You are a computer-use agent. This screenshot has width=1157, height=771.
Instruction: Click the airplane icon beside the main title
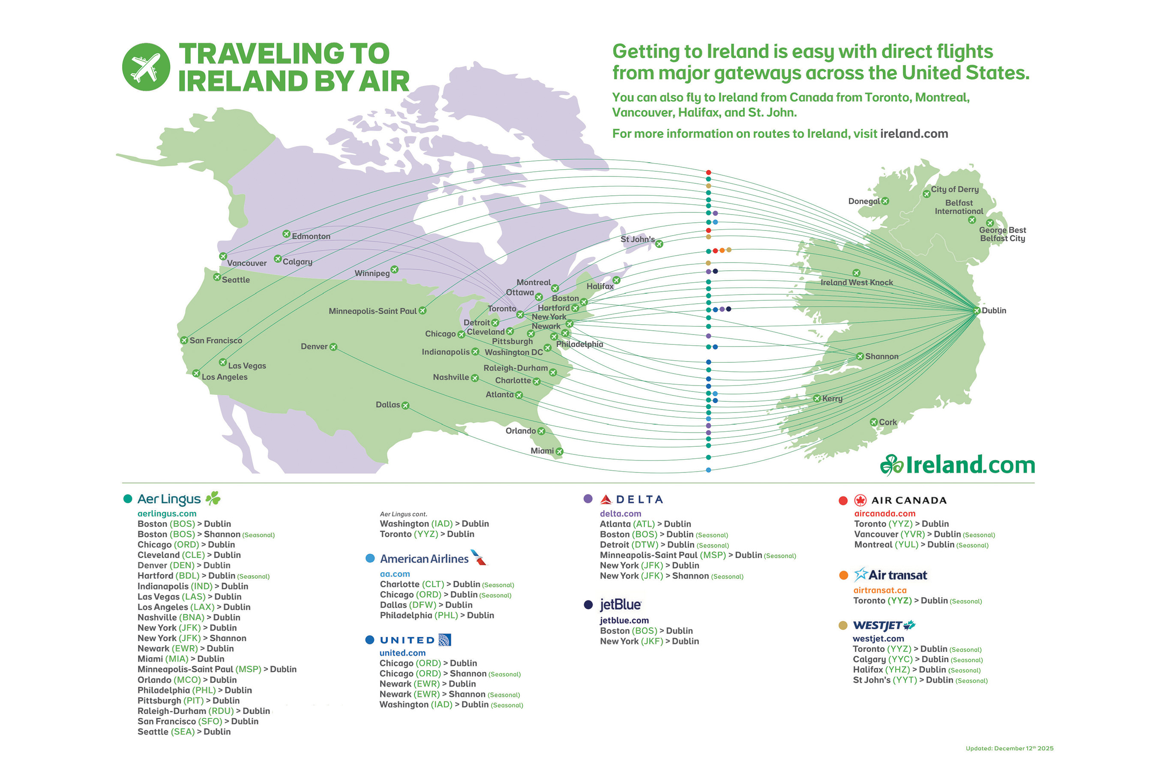click(146, 67)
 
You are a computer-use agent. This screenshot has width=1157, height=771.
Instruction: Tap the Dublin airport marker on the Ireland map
click(977, 311)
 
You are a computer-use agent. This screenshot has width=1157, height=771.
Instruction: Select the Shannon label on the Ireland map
click(881, 356)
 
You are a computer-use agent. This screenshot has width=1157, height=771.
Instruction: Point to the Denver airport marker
click(333, 347)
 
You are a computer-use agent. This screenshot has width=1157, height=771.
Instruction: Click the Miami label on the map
click(542, 451)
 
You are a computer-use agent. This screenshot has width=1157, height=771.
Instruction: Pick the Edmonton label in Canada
click(311, 236)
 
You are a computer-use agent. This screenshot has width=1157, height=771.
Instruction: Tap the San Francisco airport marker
click(184, 340)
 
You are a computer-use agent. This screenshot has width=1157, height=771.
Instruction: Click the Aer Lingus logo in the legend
click(179, 499)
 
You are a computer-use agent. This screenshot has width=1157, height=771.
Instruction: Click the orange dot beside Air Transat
click(843, 575)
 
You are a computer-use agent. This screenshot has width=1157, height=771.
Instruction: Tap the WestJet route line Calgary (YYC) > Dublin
click(917, 659)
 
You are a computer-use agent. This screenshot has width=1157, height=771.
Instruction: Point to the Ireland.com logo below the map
click(957, 465)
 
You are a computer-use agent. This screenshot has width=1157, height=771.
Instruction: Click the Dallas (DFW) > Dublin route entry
click(426, 605)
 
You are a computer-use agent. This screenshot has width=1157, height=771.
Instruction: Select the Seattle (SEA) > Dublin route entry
click(184, 732)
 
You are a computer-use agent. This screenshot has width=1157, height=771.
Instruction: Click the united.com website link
click(402, 653)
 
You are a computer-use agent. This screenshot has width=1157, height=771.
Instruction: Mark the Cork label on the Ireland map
click(887, 422)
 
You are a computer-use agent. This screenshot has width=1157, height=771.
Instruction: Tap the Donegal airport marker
click(885, 201)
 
